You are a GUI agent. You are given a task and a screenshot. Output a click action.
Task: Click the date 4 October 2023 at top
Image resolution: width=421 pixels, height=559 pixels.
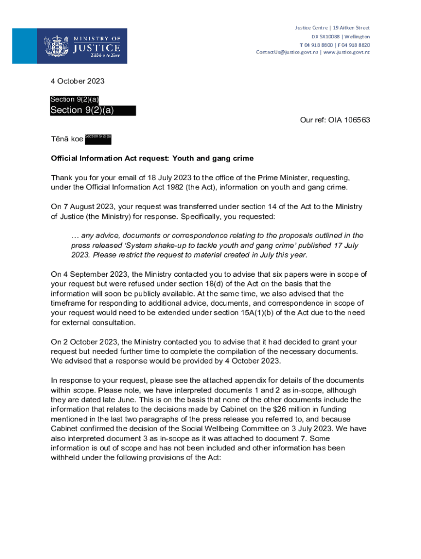(77, 81)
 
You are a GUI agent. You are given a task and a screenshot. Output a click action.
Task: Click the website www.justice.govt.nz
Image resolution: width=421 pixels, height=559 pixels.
(347, 52)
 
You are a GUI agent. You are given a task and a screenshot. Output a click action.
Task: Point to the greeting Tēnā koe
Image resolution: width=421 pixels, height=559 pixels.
(67, 139)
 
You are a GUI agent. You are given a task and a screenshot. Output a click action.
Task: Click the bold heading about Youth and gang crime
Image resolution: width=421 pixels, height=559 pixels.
(152, 158)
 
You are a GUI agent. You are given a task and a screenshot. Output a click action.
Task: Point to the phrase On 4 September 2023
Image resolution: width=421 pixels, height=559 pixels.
(89, 274)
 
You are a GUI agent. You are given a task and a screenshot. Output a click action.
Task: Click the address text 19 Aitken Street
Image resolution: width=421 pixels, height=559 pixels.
(351, 28)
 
